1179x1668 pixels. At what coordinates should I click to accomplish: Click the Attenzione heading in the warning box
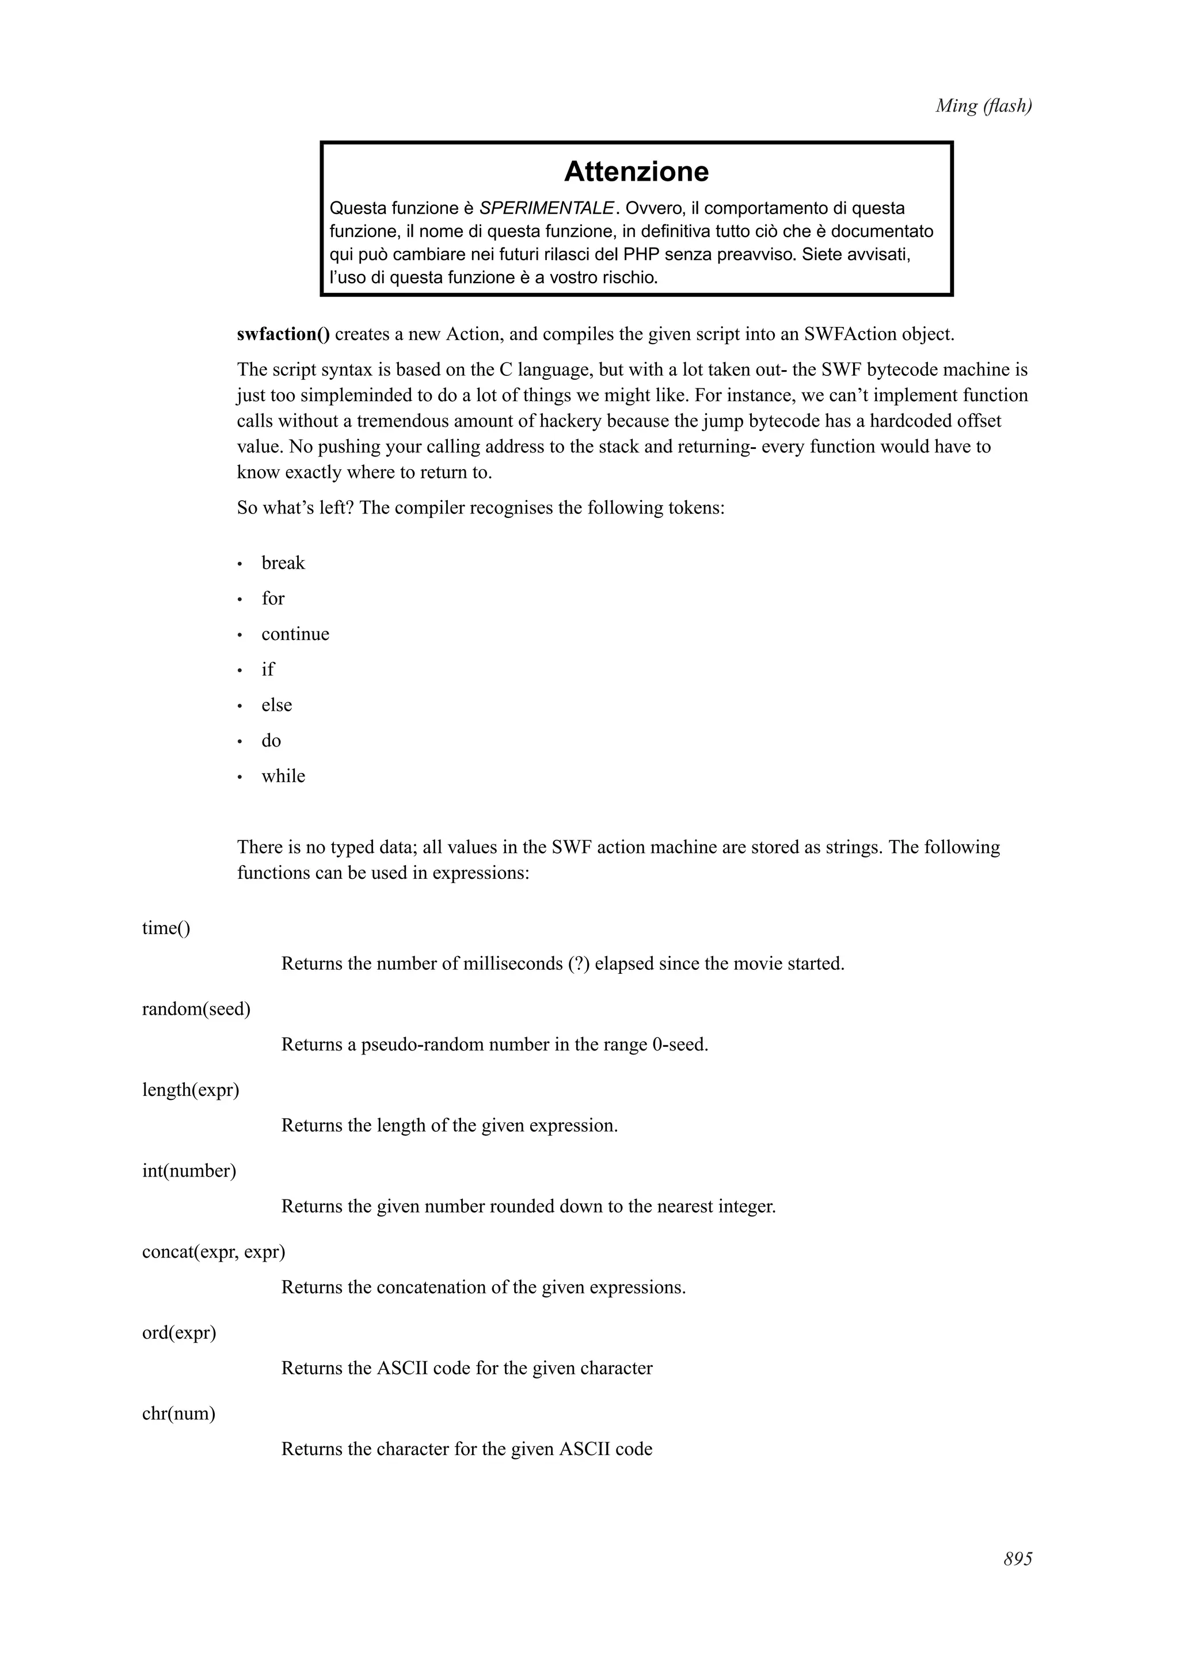(x=636, y=172)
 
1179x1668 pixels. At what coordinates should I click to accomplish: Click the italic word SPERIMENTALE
(x=546, y=208)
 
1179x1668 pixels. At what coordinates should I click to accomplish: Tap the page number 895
(x=1017, y=1560)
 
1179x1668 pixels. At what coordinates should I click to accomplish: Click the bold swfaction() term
(x=283, y=334)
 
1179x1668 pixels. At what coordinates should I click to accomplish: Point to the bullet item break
(x=283, y=563)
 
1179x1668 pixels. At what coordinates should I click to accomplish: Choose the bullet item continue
(x=295, y=634)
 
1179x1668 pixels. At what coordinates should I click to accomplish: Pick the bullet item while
(x=283, y=776)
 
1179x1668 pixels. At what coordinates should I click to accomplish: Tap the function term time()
(x=166, y=928)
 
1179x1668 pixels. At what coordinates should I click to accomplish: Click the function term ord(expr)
(x=178, y=1332)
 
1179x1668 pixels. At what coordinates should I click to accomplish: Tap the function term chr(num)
(x=178, y=1413)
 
